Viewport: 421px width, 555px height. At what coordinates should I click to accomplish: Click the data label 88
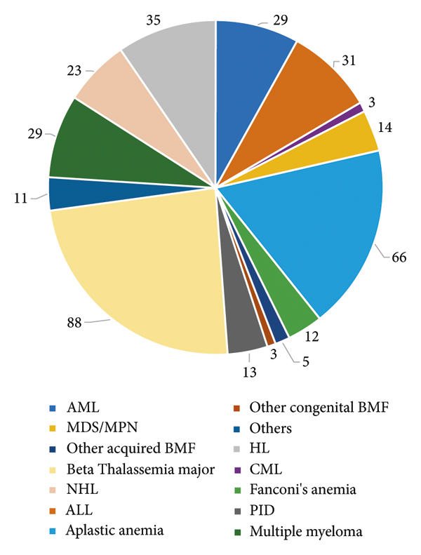tap(74, 323)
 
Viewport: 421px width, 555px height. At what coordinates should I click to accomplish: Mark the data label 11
tap(21, 199)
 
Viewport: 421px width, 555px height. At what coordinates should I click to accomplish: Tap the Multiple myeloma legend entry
tap(306, 531)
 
